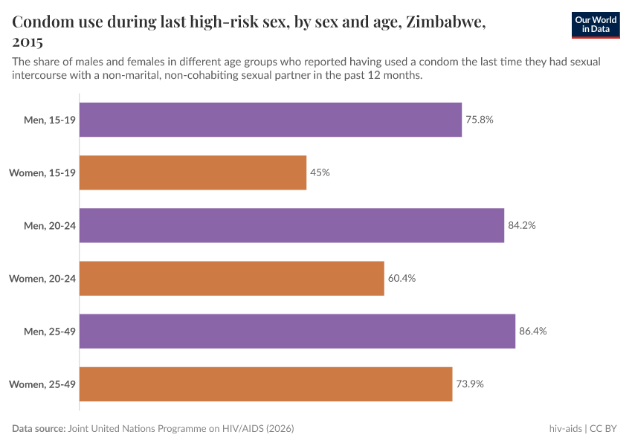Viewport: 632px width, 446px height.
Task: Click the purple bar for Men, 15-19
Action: click(x=271, y=120)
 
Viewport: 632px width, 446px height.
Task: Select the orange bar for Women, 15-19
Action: click(x=193, y=172)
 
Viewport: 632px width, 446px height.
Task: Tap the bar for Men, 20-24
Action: click(x=291, y=225)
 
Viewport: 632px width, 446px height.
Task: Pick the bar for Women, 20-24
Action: click(x=231, y=278)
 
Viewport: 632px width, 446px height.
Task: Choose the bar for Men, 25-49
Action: click(x=297, y=331)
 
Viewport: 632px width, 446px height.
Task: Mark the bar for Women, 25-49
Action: click(x=265, y=384)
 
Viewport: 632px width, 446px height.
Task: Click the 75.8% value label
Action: click(x=480, y=120)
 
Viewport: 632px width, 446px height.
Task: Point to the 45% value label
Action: click(x=320, y=172)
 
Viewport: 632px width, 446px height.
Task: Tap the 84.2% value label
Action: click(x=522, y=225)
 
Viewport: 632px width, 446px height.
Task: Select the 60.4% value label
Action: click(x=402, y=278)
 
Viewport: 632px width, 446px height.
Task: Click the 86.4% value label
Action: click(x=532, y=331)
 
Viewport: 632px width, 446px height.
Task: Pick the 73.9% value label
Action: click(x=470, y=384)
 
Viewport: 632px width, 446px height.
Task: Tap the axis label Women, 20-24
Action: click(x=42, y=278)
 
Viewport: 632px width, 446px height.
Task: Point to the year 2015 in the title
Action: click(x=28, y=42)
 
